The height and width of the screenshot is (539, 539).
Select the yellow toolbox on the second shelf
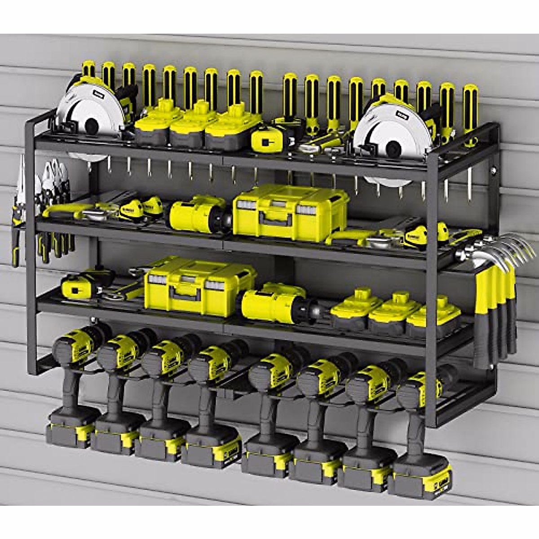[290, 211]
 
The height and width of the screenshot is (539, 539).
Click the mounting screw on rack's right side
[494, 170]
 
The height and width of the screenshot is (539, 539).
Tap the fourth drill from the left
[211, 391]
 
